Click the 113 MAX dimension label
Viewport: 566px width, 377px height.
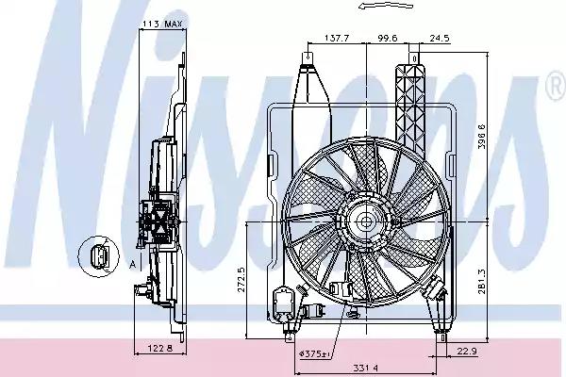click(x=163, y=24)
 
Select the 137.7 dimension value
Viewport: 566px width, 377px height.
click(x=337, y=38)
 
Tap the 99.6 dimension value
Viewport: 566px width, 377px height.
click(x=388, y=38)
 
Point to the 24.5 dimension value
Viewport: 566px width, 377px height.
click(x=440, y=38)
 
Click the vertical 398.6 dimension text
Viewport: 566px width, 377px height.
click(x=481, y=137)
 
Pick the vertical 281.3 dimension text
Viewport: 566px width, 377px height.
click(x=481, y=282)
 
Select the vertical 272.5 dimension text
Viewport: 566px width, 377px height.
click(x=241, y=279)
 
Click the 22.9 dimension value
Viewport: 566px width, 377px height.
click(x=467, y=351)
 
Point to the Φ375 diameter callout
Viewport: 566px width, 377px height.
click(x=315, y=354)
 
